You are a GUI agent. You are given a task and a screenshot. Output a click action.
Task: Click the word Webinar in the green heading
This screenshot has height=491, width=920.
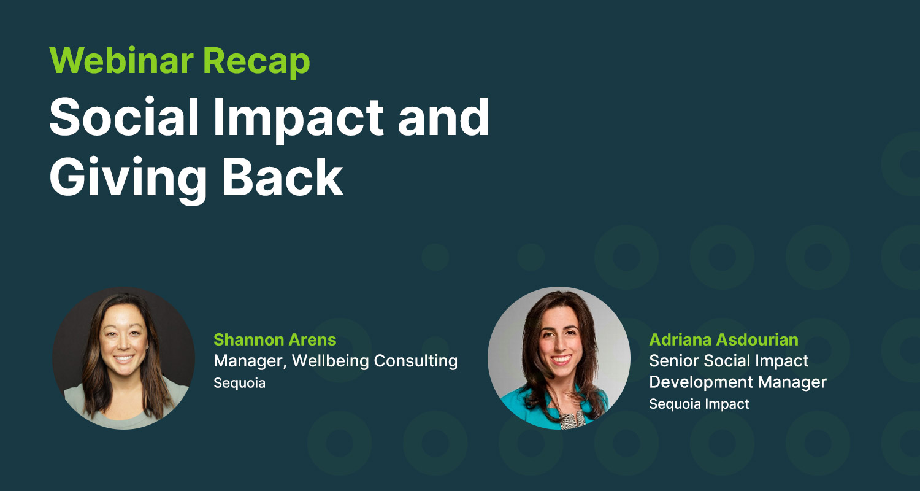click(x=121, y=61)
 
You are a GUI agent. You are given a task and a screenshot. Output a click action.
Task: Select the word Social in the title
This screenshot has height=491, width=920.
click(x=125, y=117)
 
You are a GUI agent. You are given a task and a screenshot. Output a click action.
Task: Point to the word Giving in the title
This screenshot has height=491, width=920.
click(x=128, y=180)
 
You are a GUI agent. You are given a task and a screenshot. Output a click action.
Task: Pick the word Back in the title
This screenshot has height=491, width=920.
click(x=283, y=177)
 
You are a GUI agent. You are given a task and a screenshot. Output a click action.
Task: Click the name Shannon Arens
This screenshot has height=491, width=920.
click(x=275, y=340)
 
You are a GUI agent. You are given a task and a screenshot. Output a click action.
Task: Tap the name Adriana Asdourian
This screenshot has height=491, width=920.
click(x=724, y=340)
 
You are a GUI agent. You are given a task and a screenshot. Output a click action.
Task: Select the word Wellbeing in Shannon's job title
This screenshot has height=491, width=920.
click(x=330, y=361)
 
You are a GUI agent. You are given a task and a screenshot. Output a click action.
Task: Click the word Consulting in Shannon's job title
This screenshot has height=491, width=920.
click(x=416, y=361)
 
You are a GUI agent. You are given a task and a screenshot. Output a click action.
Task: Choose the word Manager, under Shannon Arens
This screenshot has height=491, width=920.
click(x=250, y=361)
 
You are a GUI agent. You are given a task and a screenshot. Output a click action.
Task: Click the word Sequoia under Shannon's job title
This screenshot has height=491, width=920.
click(x=239, y=383)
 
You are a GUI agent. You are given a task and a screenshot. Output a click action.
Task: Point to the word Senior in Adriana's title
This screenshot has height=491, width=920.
click(x=673, y=361)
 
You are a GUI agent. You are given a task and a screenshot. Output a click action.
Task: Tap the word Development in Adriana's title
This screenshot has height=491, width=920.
click(x=700, y=382)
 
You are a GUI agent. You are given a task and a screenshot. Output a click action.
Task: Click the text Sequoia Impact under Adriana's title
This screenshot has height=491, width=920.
click(x=699, y=404)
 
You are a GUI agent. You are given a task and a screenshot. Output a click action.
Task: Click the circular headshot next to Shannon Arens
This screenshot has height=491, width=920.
click(x=124, y=358)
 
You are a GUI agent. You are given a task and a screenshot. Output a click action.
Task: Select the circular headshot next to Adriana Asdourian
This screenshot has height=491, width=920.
click(x=559, y=358)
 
